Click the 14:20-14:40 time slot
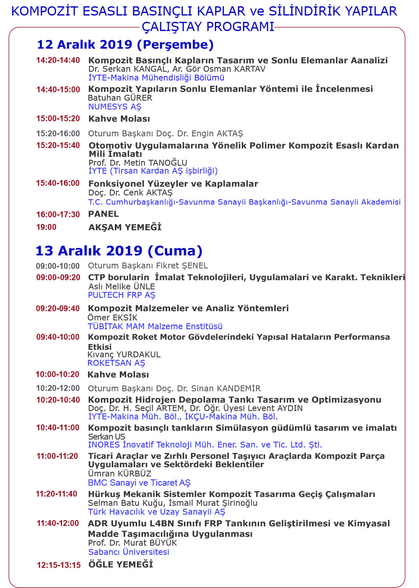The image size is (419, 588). [58, 60]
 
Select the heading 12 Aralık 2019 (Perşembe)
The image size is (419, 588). [125, 44]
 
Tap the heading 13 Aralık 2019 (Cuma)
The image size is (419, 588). [119, 251]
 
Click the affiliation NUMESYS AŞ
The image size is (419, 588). [114, 107]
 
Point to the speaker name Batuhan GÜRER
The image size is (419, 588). [120, 98]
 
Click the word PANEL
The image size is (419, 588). [103, 214]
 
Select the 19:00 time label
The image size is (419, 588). [46, 227]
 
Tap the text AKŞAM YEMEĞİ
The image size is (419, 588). [125, 227]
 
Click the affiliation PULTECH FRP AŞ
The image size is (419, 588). [122, 295]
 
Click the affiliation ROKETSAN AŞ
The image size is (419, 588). [116, 363]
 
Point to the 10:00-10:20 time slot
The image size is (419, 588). [57, 375]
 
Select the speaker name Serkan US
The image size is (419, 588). [106, 437]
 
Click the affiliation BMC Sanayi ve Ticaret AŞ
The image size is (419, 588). [139, 483]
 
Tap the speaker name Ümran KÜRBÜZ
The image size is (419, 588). [119, 474]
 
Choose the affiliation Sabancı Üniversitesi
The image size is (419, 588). [129, 552]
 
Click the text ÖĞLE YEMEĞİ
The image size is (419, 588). [121, 565]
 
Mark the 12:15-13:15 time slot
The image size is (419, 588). [59, 565]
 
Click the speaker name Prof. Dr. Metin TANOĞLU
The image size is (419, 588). [137, 163]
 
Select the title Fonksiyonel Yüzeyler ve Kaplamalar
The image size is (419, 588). [173, 184]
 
